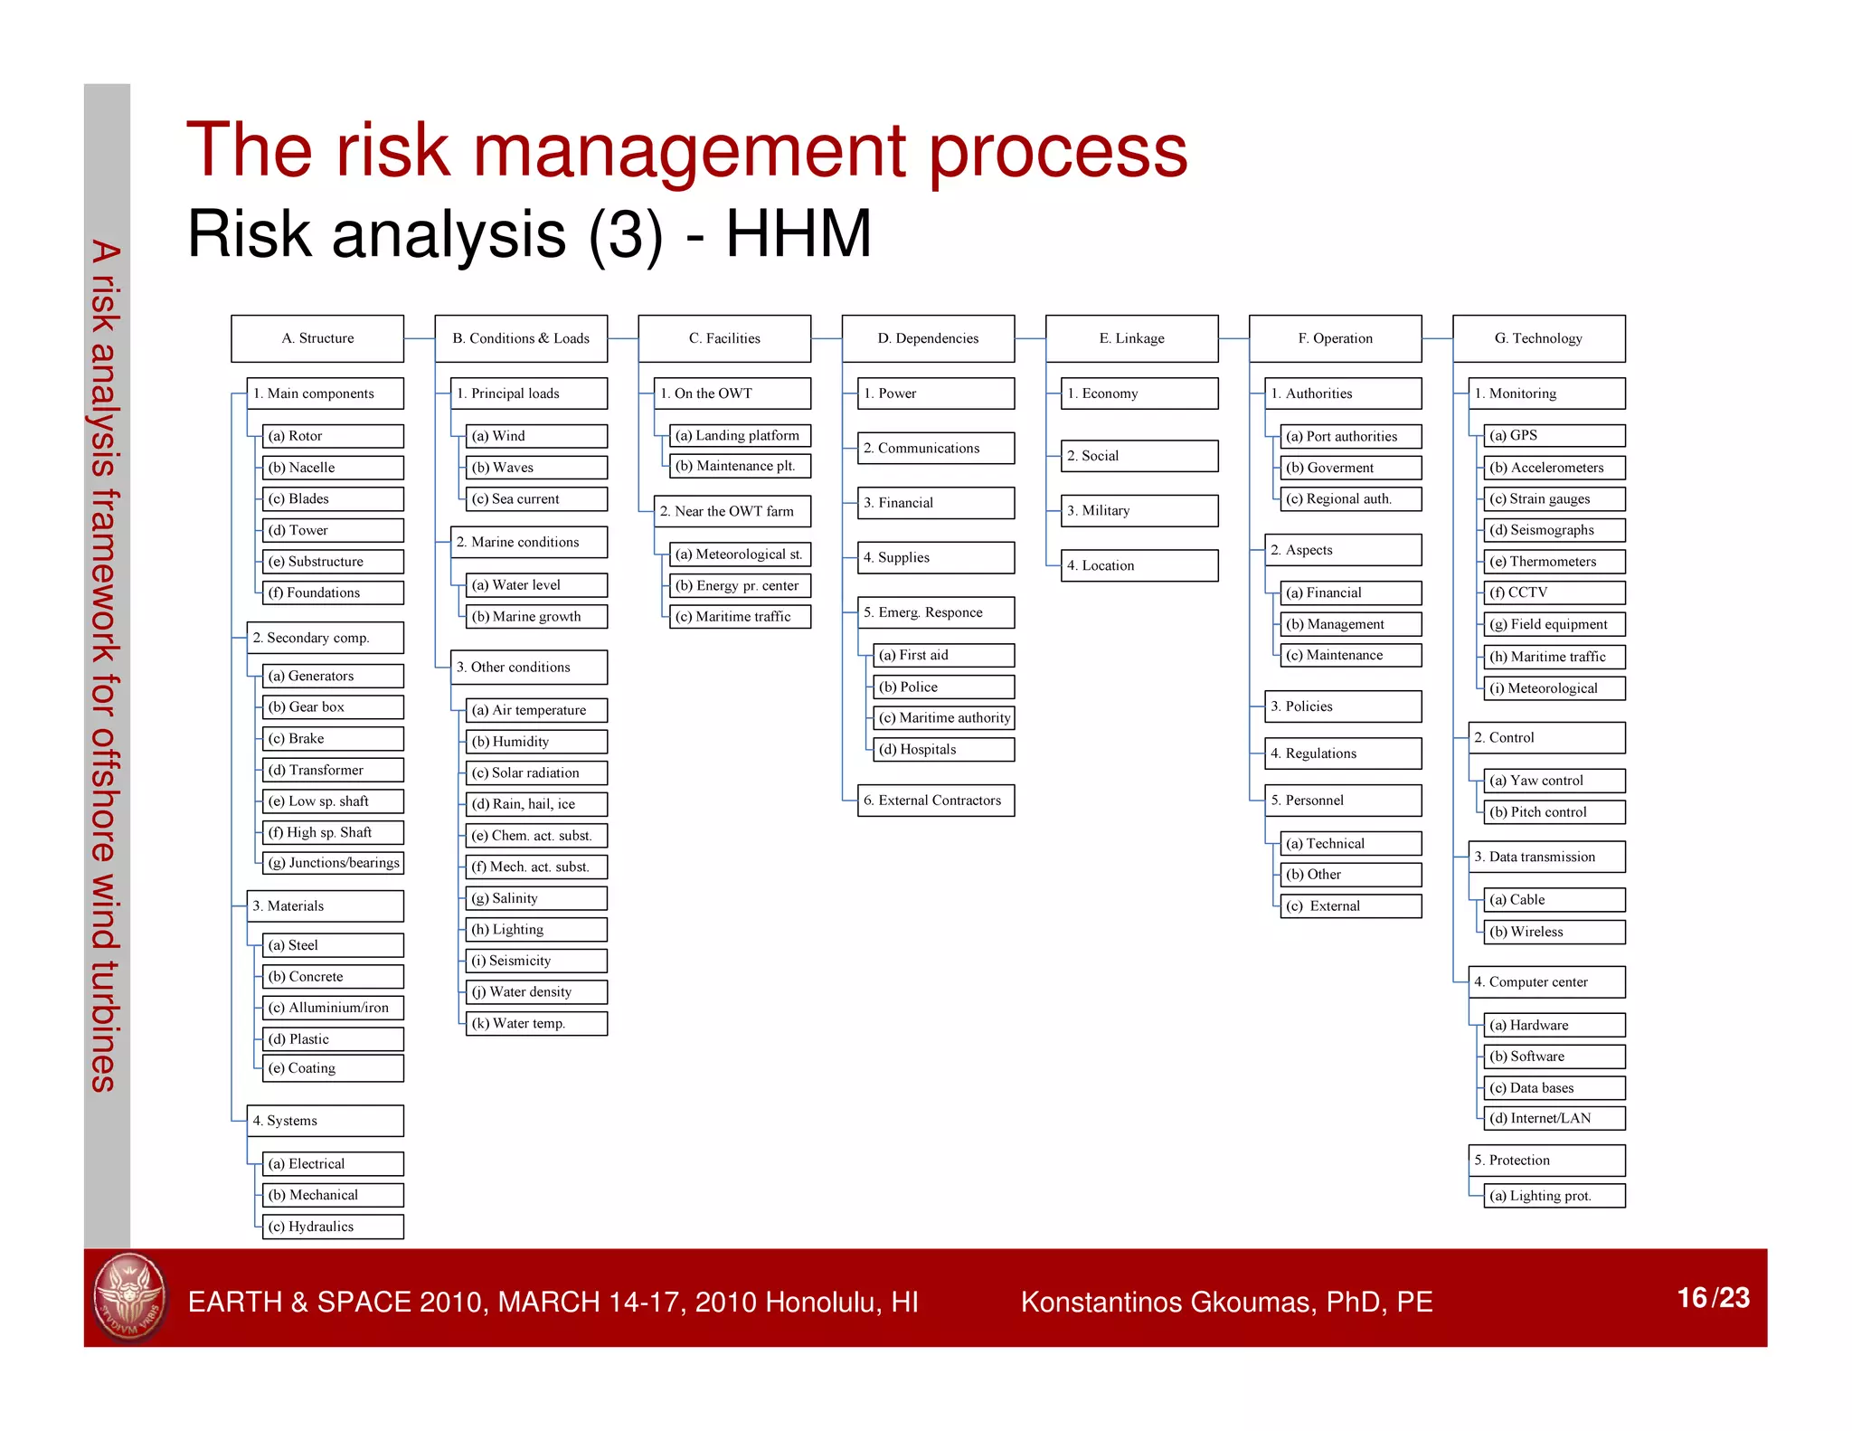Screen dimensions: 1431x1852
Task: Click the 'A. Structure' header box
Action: pos(317,338)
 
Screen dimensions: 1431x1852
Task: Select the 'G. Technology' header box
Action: pos(1538,338)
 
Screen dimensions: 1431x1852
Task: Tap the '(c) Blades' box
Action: pos(333,498)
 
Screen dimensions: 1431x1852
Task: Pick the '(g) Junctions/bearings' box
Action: pos(333,863)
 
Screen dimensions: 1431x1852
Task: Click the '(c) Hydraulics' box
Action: pos(333,1227)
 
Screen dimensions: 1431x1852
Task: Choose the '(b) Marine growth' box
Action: pos(536,617)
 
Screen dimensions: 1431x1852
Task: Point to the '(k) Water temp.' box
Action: pos(536,1023)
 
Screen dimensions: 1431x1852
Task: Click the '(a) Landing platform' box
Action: pos(740,435)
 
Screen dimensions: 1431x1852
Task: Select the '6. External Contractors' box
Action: pos(936,801)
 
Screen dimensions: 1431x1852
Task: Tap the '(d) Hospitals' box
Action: pos(944,749)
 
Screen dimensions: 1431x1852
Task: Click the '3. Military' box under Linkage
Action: pos(1139,511)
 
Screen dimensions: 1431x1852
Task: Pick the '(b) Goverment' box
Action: pos(1351,468)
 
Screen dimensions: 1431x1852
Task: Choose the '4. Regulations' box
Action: pos(1342,753)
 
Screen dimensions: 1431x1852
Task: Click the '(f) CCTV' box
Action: pos(1554,592)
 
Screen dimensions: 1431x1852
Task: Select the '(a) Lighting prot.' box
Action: pos(1554,1196)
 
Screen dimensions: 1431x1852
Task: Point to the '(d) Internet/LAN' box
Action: pos(1554,1118)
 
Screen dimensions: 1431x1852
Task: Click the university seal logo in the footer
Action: pos(130,1298)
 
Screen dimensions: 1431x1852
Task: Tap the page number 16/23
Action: pos(1713,1298)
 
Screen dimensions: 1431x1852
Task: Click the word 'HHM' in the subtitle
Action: pos(798,234)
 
